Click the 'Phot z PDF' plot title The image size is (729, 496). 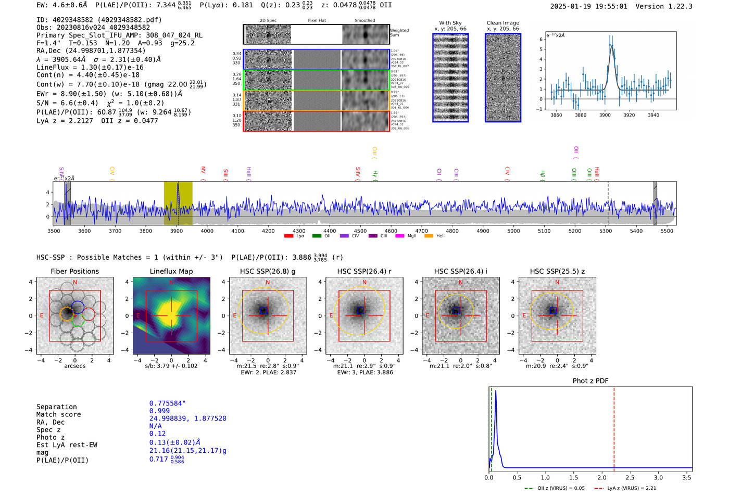(590, 381)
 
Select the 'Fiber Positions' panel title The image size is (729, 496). (74, 271)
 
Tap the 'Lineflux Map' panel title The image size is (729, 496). (171, 271)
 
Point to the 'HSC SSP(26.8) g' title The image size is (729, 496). (267, 271)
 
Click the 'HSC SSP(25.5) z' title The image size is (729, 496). (557, 271)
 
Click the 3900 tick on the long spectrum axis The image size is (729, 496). (177, 231)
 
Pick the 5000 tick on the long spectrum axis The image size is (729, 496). (513, 231)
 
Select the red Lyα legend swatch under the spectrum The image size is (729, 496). (288, 236)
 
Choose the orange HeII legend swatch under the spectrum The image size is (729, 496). (429, 236)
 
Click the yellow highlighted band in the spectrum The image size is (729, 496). (178, 203)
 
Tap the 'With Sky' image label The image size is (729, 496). (450, 23)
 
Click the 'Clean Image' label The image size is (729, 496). (502, 23)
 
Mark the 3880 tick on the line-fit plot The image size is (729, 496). (580, 115)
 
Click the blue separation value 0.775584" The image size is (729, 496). (167, 403)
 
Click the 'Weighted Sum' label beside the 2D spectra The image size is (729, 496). (399, 33)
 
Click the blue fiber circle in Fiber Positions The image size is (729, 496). (78, 307)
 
